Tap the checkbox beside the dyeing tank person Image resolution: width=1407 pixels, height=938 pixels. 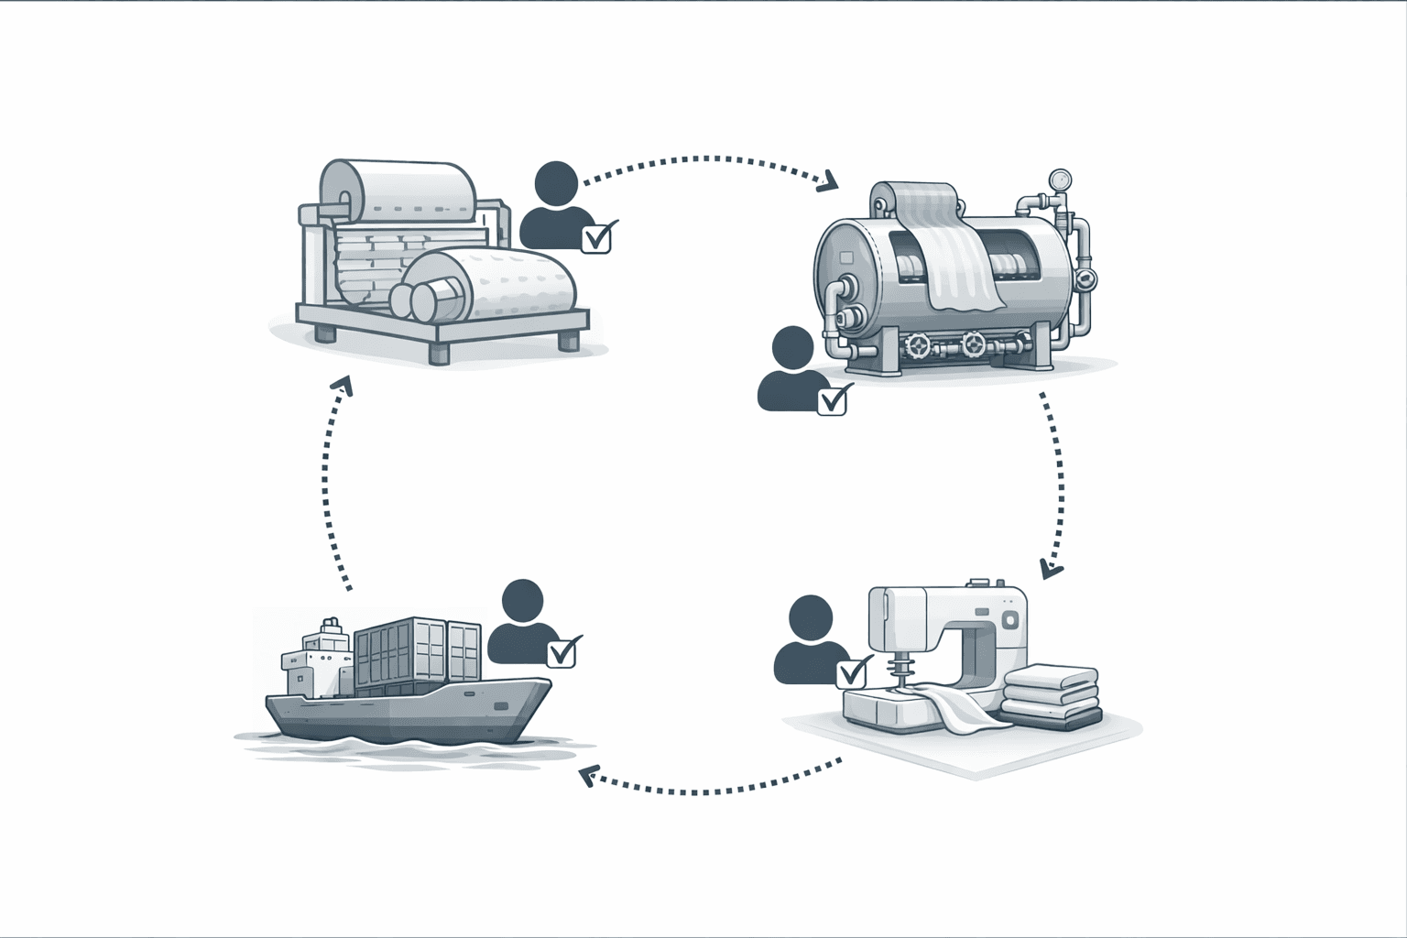[832, 400]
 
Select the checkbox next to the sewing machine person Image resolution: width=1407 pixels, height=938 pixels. [851, 673]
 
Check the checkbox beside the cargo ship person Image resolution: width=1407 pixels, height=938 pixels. [561, 652]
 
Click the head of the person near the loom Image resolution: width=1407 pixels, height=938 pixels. [557, 183]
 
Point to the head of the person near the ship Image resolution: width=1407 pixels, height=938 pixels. [523, 602]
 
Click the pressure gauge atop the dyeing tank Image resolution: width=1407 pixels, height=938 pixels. [1061, 179]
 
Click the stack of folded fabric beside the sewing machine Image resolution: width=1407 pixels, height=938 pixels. [1050, 696]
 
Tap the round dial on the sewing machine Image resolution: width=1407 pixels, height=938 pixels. [1010, 621]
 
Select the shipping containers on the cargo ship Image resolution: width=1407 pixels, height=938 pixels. [417, 652]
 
